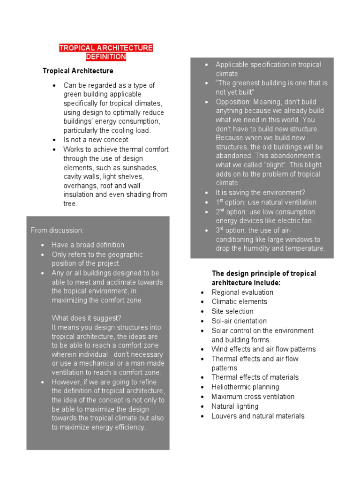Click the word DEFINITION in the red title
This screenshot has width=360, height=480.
click(x=106, y=57)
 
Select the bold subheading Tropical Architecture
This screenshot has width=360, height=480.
click(x=78, y=71)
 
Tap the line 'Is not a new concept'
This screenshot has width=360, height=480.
click(x=96, y=140)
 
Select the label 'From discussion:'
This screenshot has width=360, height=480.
click(x=57, y=230)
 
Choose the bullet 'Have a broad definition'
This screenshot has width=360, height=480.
click(x=88, y=245)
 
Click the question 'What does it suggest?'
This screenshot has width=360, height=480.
click(x=87, y=317)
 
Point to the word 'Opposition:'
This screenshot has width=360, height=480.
click(x=233, y=102)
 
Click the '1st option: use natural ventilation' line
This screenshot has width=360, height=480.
click(x=266, y=202)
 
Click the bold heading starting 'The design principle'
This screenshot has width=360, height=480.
click(x=264, y=273)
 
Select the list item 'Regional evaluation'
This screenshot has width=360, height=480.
click(x=242, y=292)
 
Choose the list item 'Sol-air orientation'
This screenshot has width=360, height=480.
click(x=239, y=321)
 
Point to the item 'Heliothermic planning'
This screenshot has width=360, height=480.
click(x=245, y=387)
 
